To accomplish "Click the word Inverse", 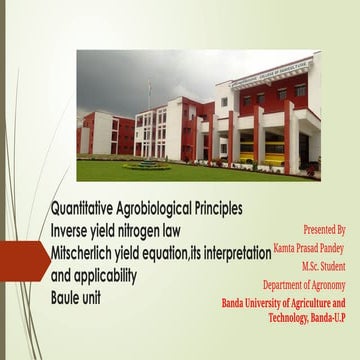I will [75, 229].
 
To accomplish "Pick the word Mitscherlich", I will [89, 249].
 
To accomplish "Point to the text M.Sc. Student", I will [323, 266].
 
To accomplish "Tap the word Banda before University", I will [237, 302].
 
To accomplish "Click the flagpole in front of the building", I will [149, 120].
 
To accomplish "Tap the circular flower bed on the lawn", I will [150, 163].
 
